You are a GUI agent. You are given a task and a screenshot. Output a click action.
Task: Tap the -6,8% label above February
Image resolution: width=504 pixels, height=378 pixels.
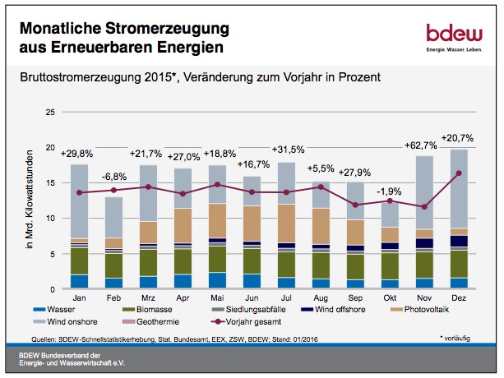point(114,153)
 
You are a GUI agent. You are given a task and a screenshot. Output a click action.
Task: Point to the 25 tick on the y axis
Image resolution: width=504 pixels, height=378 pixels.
point(50,112)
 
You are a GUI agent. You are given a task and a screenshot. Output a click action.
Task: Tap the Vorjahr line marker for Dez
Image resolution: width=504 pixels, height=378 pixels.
point(458,173)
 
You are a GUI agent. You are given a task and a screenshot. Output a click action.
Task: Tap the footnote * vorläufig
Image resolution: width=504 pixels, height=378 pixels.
point(464,338)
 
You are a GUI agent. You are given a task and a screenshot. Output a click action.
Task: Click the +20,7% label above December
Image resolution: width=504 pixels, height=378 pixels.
point(458,136)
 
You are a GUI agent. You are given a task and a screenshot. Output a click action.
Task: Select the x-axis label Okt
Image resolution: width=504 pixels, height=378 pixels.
point(391,298)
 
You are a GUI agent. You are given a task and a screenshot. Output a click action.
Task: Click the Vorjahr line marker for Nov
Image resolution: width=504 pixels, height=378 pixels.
point(424,207)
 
